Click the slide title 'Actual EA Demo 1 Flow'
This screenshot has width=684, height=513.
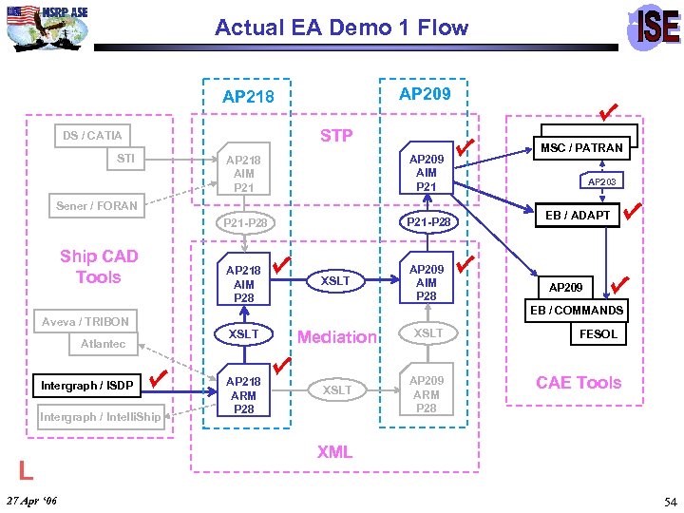(341, 28)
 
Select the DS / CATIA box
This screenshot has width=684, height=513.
(92, 136)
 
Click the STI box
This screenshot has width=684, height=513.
(125, 159)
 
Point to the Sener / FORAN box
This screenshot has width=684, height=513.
(96, 205)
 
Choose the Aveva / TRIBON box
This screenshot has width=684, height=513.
(85, 321)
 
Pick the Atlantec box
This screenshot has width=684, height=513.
(103, 344)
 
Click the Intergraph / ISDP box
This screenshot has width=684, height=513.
(86, 385)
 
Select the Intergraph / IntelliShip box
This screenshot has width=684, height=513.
(100, 416)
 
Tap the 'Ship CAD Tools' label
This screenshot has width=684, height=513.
(99, 267)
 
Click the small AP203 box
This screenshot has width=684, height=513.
(601, 181)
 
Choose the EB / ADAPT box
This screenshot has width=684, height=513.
(578, 216)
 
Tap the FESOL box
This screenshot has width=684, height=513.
(598, 333)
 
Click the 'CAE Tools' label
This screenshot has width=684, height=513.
(578, 383)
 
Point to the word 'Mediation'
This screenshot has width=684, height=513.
(337, 336)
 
